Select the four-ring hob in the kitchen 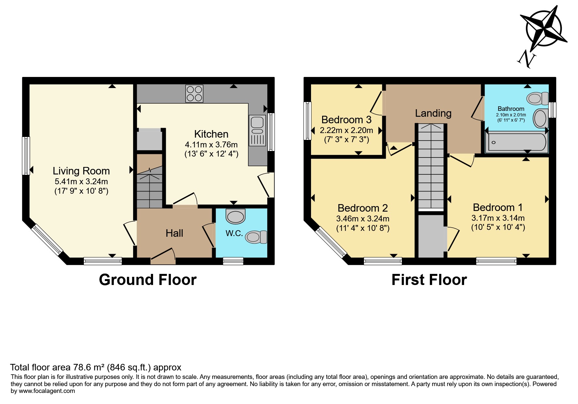[194, 93]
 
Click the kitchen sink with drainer [258, 131]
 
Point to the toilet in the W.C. [256, 237]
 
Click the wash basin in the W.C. [235, 216]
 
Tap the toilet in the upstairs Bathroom [538, 98]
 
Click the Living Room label [81, 171]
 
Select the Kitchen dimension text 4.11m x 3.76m [211, 144]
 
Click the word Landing [433, 113]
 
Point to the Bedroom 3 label [346, 120]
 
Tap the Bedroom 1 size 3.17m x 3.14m [498, 218]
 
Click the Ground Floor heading [148, 280]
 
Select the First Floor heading [429, 280]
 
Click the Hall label [174, 233]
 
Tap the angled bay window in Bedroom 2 [331, 243]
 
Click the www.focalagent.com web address [47, 391]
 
